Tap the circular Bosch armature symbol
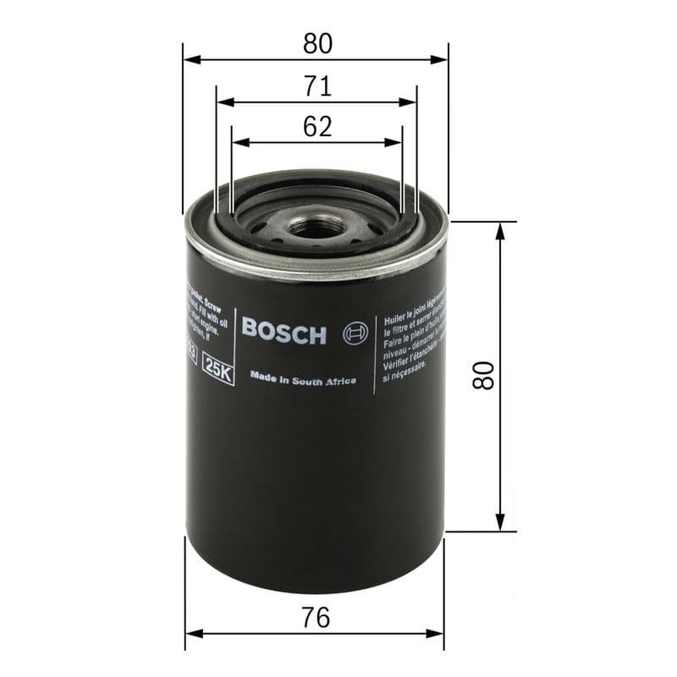354,333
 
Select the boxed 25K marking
218,372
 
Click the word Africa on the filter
339,381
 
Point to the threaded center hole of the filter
315,227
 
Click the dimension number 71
316,86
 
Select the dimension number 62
316,127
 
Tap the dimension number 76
316,618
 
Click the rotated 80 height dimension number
483,375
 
